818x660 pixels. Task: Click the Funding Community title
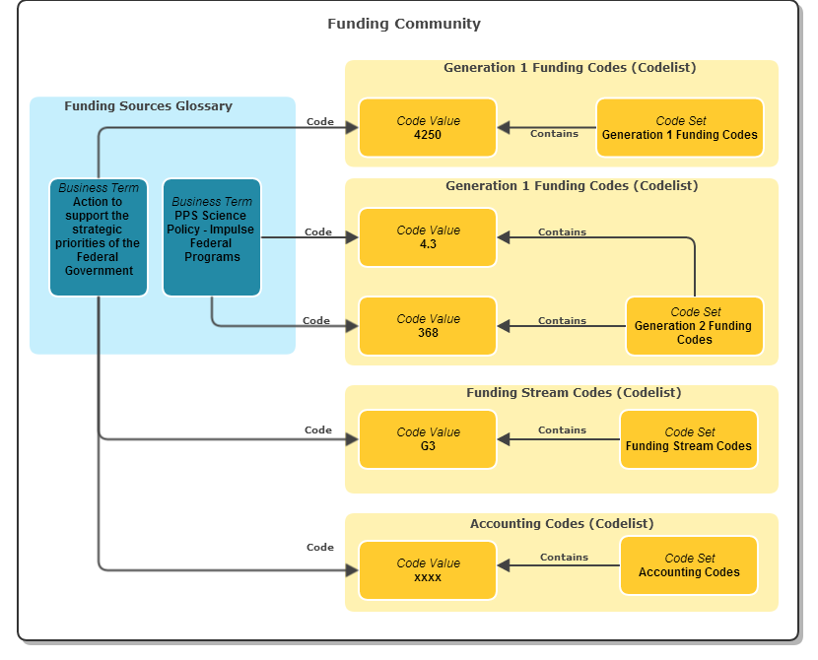(x=404, y=24)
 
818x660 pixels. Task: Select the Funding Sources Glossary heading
(x=148, y=105)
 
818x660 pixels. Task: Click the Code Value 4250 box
(x=428, y=128)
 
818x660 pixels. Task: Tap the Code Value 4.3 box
(x=428, y=237)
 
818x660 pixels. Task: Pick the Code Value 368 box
(x=428, y=326)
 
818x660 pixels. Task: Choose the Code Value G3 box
(x=428, y=439)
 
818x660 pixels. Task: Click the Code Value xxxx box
(x=428, y=570)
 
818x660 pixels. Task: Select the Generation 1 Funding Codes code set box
(x=680, y=128)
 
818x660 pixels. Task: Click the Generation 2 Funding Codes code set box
(x=695, y=326)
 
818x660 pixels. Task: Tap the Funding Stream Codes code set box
(x=689, y=439)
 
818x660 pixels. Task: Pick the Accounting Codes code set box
(x=689, y=565)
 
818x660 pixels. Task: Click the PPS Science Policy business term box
(x=212, y=237)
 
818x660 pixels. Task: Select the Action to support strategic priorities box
(x=99, y=237)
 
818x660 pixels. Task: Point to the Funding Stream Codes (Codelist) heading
(x=574, y=393)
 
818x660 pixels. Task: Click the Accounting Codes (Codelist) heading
(x=562, y=523)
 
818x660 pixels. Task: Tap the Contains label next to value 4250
(x=554, y=134)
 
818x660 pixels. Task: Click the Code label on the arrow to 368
(x=316, y=320)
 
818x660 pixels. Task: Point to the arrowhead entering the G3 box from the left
(x=352, y=439)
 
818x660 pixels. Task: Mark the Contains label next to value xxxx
(x=564, y=558)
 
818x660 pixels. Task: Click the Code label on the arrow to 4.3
(x=318, y=232)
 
